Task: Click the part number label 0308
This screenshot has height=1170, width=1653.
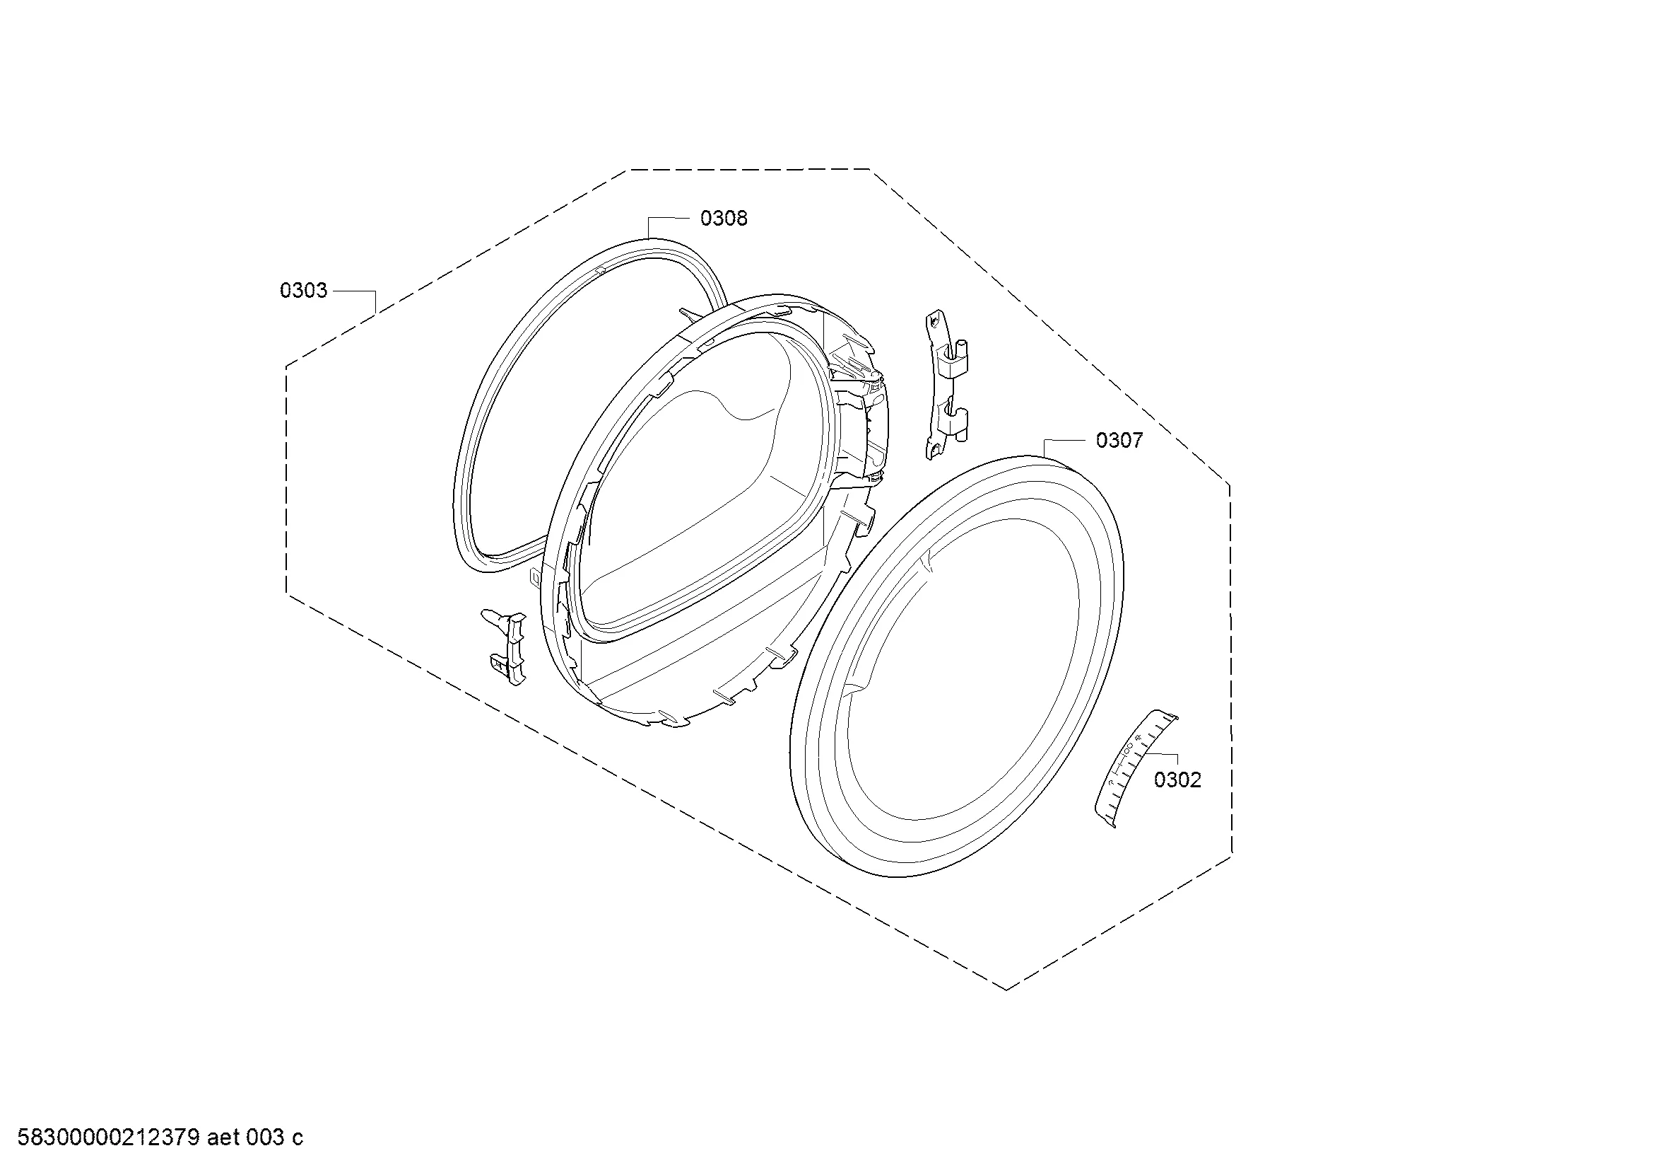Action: click(724, 218)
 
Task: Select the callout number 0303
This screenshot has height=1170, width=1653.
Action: click(303, 290)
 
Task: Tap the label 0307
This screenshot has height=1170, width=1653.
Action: click(1119, 440)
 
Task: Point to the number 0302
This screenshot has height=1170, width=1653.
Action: click(1178, 780)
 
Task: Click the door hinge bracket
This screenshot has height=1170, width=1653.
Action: click(946, 386)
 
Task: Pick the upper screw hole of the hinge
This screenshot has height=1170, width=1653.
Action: click(934, 318)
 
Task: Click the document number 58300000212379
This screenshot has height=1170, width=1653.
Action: click(108, 1138)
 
